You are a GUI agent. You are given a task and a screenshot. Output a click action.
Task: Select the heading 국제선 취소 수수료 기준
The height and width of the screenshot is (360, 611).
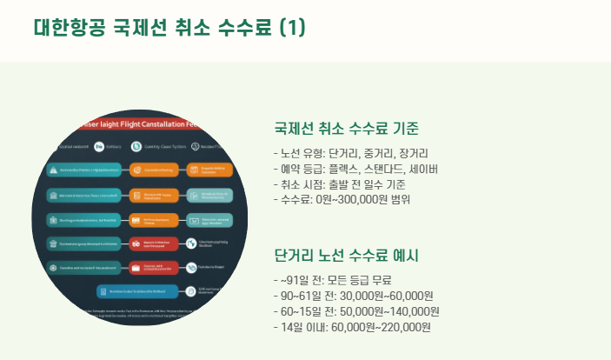tap(347, 130)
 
